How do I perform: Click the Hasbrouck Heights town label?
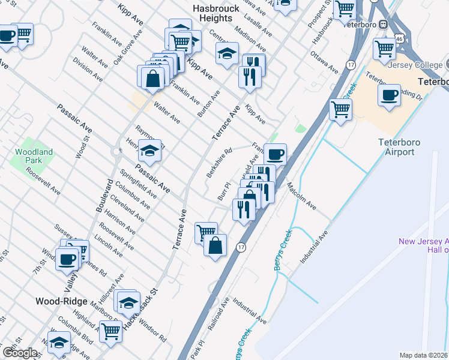tap(215, 13)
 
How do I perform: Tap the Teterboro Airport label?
tap(396, 147)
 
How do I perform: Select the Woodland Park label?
tap(34, 157)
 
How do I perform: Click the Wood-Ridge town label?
tap(62, 301)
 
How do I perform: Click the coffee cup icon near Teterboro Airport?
tap(389, 95)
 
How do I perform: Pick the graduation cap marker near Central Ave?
tap(227, 53)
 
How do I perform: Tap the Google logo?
tap(20, 353)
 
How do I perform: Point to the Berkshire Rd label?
tap(219, 163)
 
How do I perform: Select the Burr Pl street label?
tap(223, 191)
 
